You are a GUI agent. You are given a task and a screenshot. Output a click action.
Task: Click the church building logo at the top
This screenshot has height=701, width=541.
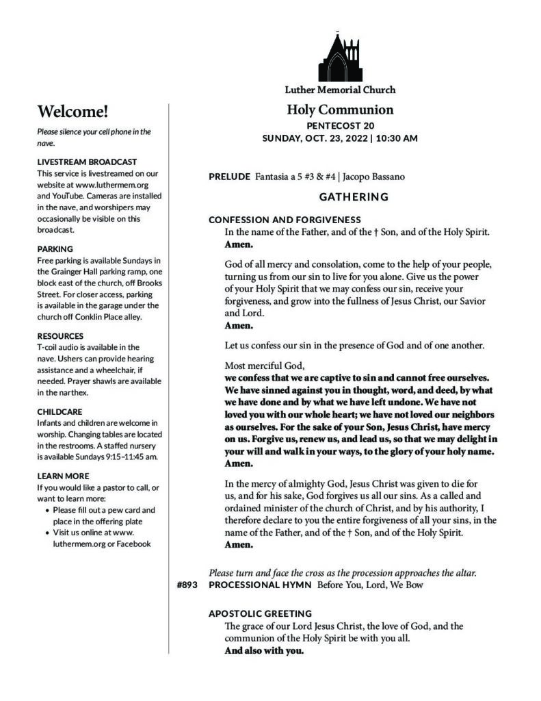click(339, 57)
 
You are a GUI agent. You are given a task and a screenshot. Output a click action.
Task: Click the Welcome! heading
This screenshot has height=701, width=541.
click(72, 112)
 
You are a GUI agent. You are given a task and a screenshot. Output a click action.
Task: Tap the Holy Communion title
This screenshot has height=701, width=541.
click(340, 110)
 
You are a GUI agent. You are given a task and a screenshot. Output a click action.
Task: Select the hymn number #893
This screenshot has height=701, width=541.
click(187, 585)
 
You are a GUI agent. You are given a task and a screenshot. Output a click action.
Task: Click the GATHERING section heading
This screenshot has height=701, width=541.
click(354, 197)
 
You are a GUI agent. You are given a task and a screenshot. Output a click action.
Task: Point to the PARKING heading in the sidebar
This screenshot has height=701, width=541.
click(55, 248)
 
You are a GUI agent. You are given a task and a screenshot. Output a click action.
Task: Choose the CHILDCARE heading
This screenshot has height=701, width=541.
click(60, 412)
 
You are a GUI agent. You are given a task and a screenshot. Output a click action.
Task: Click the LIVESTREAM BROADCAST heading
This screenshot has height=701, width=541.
click(87, 162)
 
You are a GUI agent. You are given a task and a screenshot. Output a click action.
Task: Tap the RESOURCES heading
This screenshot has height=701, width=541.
click(60, 336)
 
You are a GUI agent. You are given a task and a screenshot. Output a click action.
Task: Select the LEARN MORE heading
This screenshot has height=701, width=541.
click(63, 476)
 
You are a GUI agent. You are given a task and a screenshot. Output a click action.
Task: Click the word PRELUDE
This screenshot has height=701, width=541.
click(229, 177)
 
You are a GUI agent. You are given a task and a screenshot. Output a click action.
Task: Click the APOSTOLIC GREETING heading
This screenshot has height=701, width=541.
click(260, 613)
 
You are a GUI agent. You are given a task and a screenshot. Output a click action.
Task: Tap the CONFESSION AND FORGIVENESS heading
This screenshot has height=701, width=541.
click(285, 220)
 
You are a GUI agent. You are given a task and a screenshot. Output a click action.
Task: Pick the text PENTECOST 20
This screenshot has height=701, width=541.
click(340, 126)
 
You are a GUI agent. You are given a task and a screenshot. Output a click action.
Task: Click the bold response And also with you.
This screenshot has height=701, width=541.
click(263, 650)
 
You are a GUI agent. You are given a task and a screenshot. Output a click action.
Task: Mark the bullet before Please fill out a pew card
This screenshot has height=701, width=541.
click(47, 510)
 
